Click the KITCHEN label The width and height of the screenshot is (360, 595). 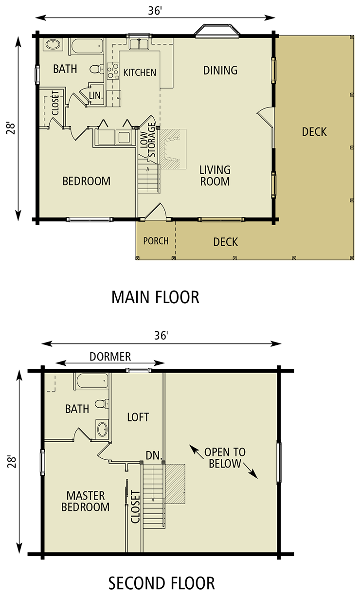(x=140, y=72)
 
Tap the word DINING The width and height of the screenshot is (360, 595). (x=220, y=71)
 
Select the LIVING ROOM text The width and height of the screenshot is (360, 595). (x=215, y=176)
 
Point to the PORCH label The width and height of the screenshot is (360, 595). (x=156, y=241)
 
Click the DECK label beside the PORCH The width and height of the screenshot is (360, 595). (x=226, y=242)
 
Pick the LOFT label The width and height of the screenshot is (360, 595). (x=138, y=417)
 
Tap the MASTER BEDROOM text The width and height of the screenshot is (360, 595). (x=85, y=501)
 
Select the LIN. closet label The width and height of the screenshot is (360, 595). (x=96, y=96)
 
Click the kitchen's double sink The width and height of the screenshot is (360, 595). (x=140, y=44)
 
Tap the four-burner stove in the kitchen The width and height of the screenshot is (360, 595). (x=112, y=72)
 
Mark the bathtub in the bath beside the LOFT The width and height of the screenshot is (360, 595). (x=92, y=381)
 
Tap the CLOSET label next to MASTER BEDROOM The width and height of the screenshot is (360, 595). (x=135, y=506)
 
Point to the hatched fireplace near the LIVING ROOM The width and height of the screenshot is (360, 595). (x=173, y=149)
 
